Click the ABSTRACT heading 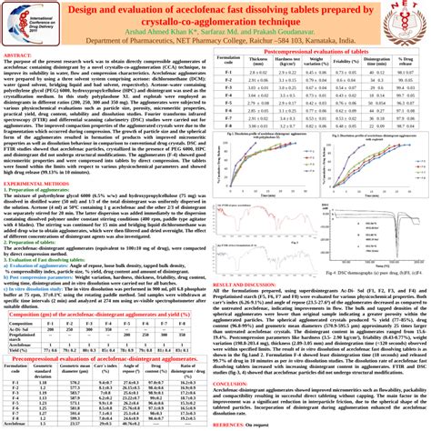(x=19, y=55)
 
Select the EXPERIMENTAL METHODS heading (x=37, y=208)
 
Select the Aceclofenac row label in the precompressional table (x=16, y=424)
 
